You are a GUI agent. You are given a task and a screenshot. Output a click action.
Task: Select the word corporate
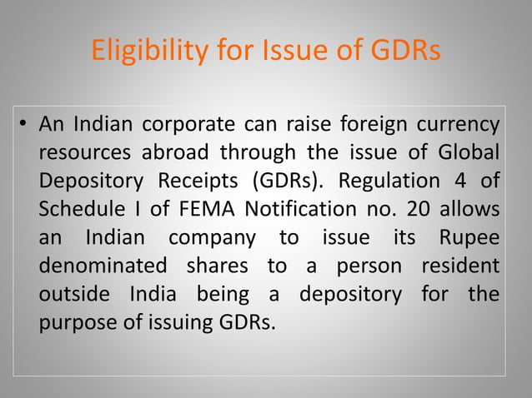click(188, 127)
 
